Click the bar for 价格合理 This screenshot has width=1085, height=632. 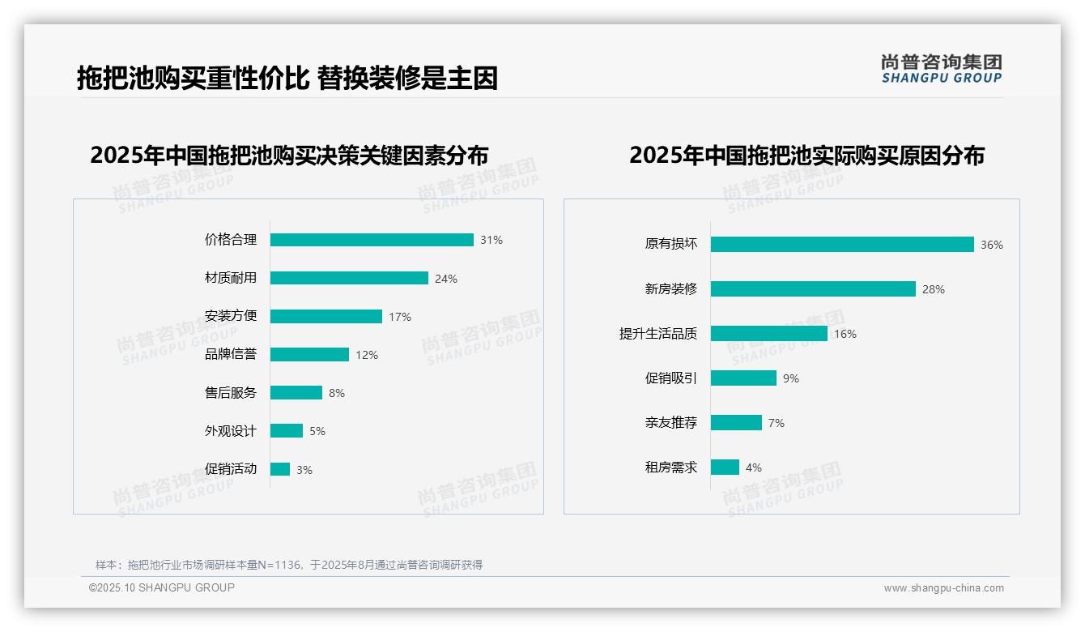(372, 240)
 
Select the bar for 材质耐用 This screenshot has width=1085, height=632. (349, 278)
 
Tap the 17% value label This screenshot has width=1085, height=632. (400, 317)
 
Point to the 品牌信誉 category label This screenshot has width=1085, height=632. (231, 354)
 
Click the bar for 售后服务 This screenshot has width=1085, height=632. (296, 393)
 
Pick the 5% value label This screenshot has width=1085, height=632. (317, 431)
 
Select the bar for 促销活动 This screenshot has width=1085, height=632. (280, 469)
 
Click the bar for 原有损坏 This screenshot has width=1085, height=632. (842, 245)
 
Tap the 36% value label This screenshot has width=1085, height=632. (992, 245)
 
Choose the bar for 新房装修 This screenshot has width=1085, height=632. (813, 289)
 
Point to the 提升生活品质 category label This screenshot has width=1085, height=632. (658, 334)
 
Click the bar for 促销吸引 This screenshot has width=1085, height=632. (743, 378)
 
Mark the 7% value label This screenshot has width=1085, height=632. (777, 423)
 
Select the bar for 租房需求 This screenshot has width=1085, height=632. (725, 468)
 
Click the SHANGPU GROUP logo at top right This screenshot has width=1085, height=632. (942, 69)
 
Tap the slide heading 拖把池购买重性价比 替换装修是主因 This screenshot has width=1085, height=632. (287, 78)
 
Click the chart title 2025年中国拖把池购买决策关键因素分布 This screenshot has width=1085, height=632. (289, 155)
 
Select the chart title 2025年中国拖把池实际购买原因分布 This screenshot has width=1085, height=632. (806, 155)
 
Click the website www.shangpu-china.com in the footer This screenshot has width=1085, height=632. (943, 588)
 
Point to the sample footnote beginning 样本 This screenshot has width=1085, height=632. (289, 565)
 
